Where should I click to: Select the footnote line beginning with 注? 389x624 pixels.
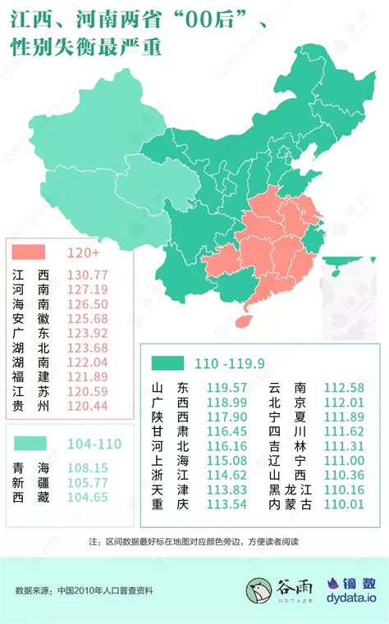point(194,542)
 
